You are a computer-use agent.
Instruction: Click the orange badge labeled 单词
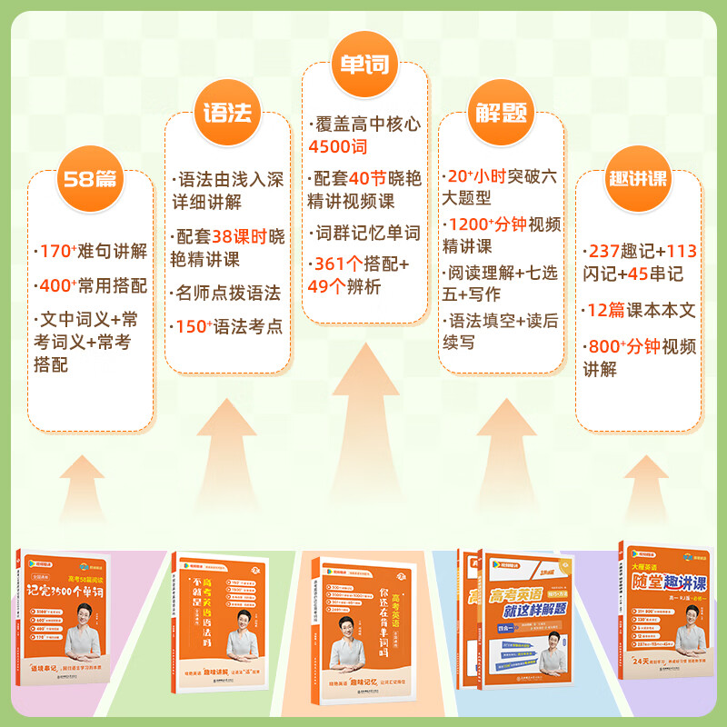363,66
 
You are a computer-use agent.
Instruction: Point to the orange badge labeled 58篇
89,178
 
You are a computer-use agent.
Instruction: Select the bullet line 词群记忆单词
366,233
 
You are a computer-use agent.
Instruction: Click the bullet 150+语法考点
227,325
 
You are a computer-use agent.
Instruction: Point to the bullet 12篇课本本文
641,310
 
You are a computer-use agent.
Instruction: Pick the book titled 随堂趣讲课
666,613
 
